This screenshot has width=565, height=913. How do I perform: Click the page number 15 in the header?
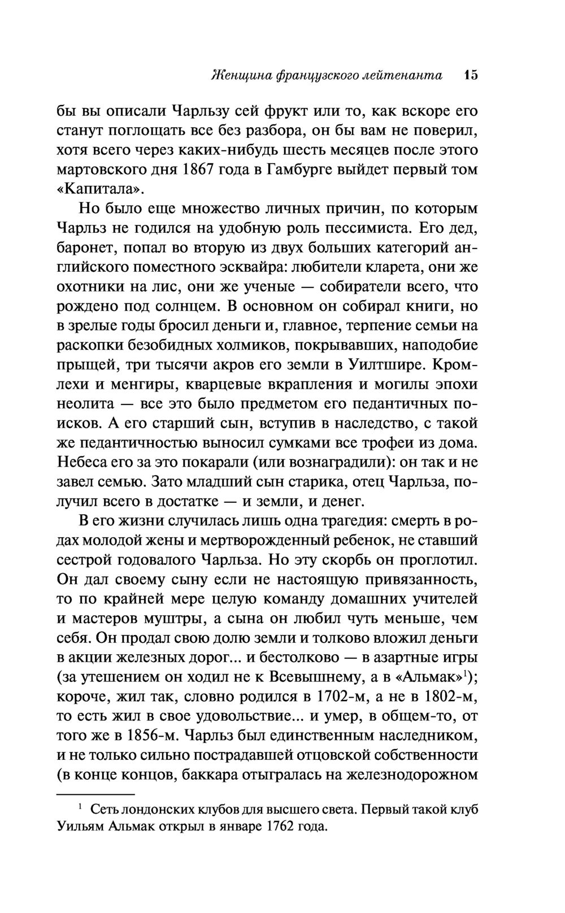[x=470, y=75]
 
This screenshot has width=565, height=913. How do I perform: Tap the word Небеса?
[x=85, y=462]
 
